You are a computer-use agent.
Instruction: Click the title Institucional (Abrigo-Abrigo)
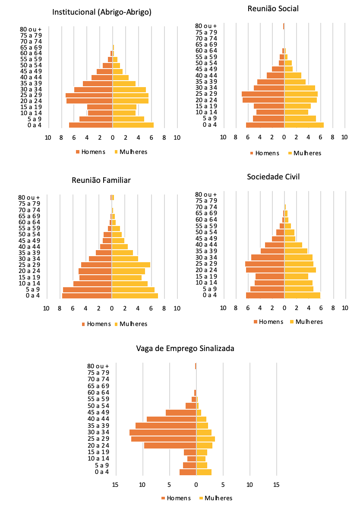(102, 13)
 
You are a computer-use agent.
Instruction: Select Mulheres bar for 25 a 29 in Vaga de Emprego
(205, 439)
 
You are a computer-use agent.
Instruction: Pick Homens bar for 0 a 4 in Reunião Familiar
(87, 295)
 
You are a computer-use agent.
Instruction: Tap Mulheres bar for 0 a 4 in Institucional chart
(133, 125)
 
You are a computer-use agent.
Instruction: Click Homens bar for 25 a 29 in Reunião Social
(263, 94)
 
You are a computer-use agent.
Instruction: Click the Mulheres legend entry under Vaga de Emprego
(215, 498)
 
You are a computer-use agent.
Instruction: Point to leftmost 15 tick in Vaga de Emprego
(115, 484)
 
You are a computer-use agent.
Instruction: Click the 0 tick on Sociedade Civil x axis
(284, 308)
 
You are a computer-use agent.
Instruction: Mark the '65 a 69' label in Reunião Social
(206, 44)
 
